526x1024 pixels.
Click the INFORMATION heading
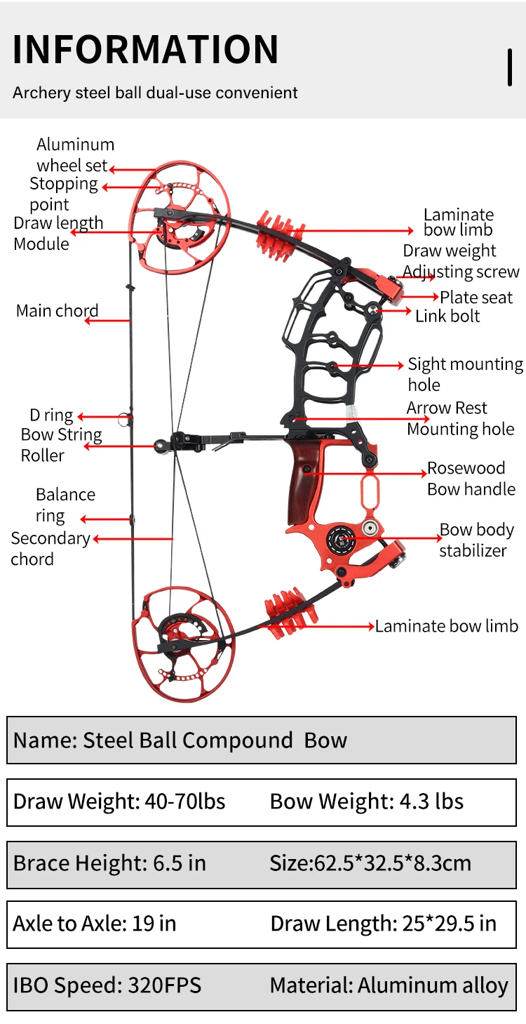tap(146, 49)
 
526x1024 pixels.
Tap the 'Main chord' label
tap(57, 311)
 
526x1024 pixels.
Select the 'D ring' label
tap(51, 415)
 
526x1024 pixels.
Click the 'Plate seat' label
tap(476, 298)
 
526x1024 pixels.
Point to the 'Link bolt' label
tap(447, 317)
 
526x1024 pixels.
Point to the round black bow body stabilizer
tap(342, 540)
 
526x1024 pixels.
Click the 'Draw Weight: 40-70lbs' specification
tap(119, 802)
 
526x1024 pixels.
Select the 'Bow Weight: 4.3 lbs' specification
tap(367, 802)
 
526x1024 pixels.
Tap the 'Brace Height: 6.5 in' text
tap(109, 863)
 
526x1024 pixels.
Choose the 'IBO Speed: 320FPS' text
tap(107, 985)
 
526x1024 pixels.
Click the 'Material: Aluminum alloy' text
tap(389, 985)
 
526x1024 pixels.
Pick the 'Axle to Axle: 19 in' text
tap(95, 923)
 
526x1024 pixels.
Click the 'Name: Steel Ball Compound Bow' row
tap(180, 740)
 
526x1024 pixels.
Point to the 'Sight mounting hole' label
tap(465, 374)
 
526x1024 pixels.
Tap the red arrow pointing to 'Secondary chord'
tap(133, 539)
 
